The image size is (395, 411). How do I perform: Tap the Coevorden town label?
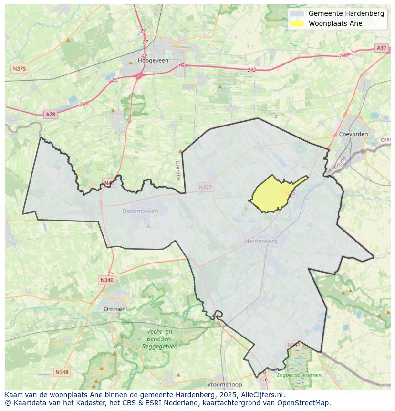click(353, 134)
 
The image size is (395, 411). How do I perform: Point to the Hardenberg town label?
click(261, 241)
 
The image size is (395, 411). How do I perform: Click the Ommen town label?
click(114, 309)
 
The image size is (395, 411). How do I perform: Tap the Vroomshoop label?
click(225, 384)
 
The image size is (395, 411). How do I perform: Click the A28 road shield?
click(50, 114)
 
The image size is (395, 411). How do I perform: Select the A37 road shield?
click(381, 48)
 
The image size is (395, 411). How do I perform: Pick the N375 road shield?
click(19, 69)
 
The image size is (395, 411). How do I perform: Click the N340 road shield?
click(107, 280)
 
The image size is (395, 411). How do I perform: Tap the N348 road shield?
click(62, 372)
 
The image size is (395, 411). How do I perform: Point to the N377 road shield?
click(206, 188)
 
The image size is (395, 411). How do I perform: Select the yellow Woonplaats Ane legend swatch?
click(297, 23)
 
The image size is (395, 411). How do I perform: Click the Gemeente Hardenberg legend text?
click(346, 13)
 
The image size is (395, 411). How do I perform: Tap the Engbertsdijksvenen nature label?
click(299, 375)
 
